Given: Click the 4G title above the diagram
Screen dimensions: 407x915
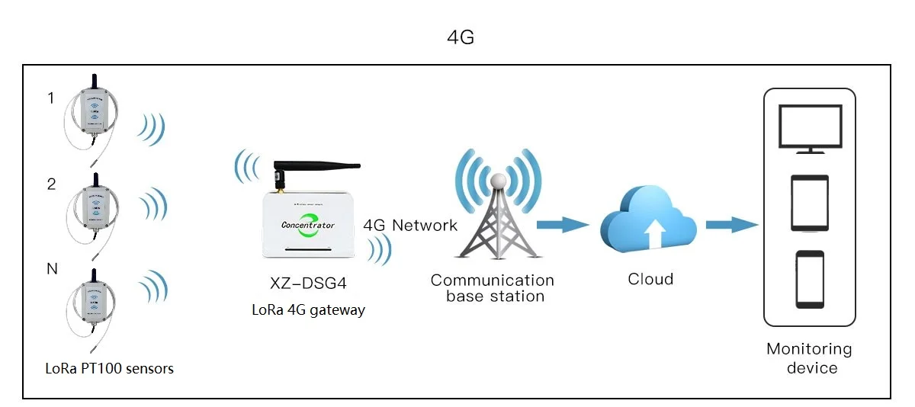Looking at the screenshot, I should [x=461, y=37].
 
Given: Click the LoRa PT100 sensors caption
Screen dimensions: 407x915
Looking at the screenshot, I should [x=109, y=369].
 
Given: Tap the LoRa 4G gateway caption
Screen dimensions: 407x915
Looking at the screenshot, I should [x=309, y=309].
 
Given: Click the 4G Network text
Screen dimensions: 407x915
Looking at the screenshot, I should [x=410, y=225].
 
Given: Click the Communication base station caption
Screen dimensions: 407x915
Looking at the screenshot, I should [x=493, y=288].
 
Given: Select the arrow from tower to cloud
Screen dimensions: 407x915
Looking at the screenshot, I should [x=563, y=224].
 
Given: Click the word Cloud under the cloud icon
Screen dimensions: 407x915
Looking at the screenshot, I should [x=650, y=279].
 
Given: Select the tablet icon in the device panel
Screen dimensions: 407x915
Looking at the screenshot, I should [x=809, y=203].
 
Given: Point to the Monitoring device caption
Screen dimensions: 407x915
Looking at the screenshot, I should [x=809, y=358].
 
